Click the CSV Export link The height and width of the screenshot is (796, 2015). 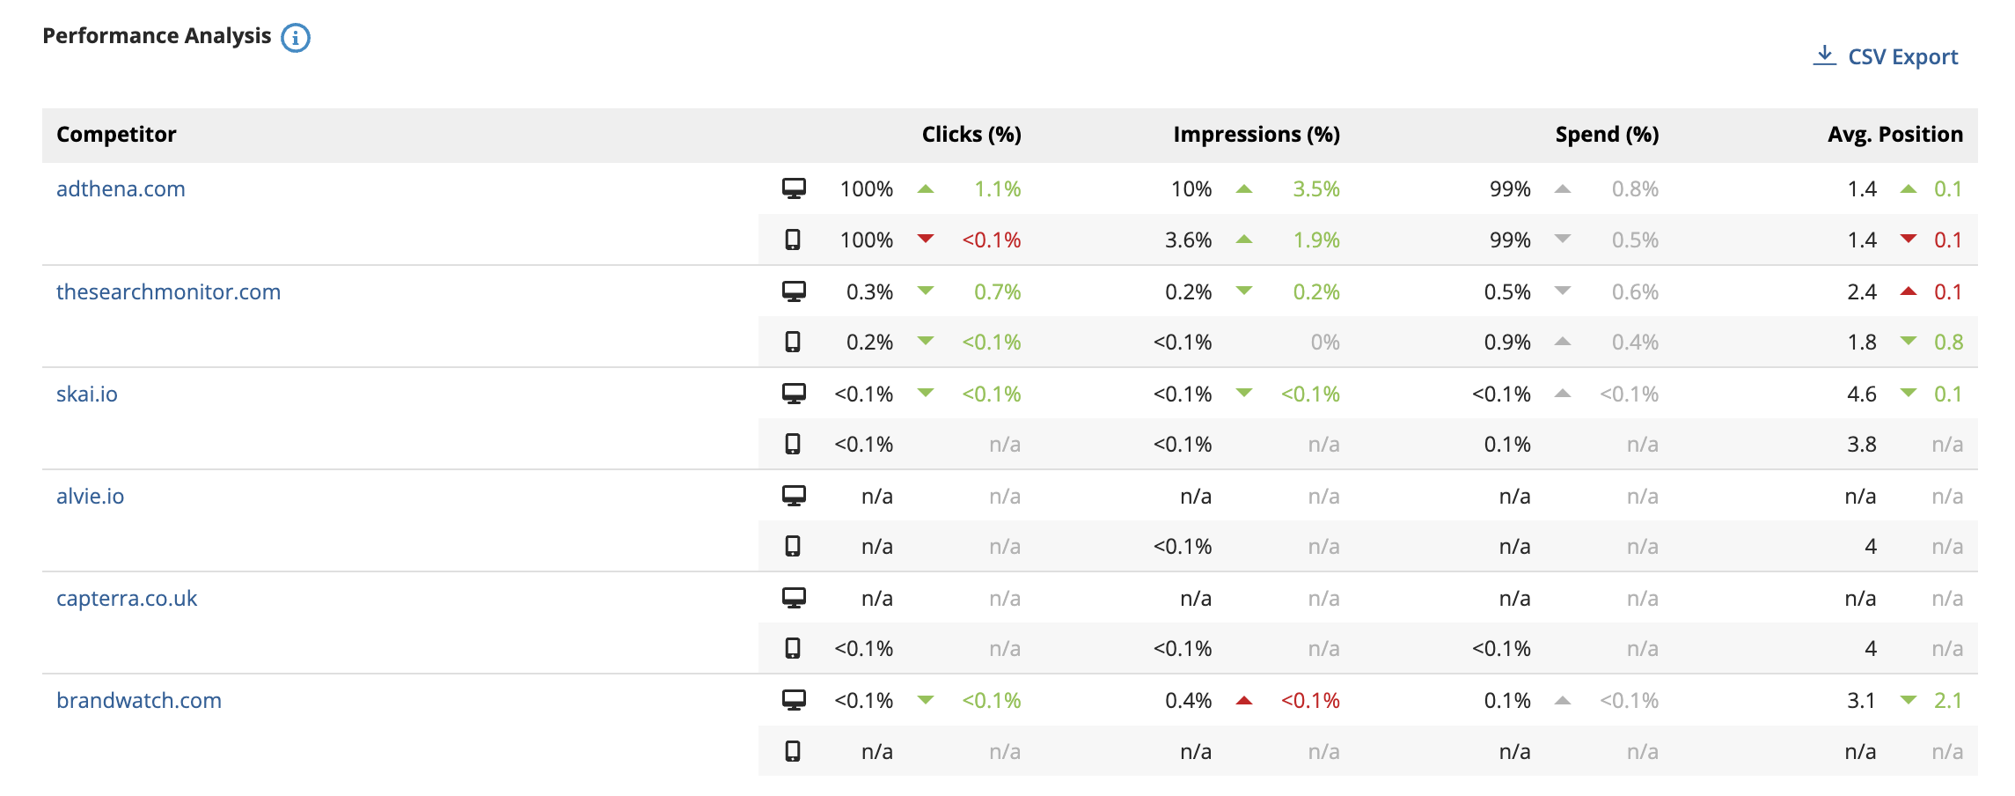coord(1886,57)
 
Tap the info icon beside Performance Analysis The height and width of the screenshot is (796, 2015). coord(296,38)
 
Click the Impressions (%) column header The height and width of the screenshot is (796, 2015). coord(1257,135)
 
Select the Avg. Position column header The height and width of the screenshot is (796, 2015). coord(1895,135)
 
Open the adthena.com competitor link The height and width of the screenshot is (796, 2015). coord(121,189)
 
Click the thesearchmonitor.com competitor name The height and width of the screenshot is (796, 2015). coord(169,291)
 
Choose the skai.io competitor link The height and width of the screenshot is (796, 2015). coord(87,394)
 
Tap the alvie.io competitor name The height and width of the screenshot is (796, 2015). coord(91,496)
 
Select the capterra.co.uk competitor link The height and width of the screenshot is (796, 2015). coord(127,598)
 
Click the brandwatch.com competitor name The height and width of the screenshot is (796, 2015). coord(139,700)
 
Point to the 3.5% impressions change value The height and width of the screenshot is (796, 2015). coord(1316,189)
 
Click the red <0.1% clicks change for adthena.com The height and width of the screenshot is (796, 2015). coord(992,240)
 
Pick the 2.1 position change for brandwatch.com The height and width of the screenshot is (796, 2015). coord(1948,701)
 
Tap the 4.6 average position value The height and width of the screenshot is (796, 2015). coord(1862,394)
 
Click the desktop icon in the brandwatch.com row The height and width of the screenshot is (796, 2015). coord(794,700)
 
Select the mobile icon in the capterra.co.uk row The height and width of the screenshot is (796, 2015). coord(793,649)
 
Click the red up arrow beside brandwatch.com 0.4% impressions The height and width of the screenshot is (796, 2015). coord(1244,701)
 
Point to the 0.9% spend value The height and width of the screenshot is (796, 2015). coord(1507,343)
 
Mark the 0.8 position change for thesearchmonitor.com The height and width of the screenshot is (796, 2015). coord(1948,343)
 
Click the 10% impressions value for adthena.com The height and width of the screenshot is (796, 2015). coord(1191,189)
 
